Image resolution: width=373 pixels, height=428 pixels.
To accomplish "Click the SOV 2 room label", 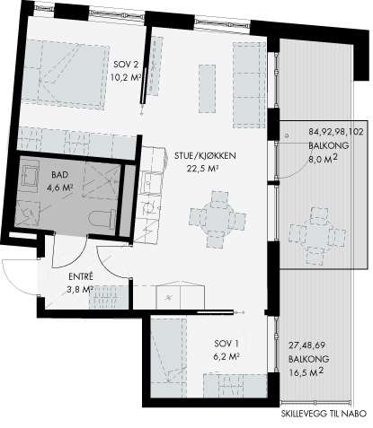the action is tap(126, 65).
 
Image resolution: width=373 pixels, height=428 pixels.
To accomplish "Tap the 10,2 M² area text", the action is tap(126, 78).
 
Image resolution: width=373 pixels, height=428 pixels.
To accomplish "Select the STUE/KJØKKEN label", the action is tap(205, 156).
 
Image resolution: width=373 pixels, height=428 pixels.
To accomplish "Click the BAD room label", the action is tap(60, 174).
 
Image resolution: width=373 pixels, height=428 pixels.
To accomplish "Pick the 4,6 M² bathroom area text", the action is tap(60, 188).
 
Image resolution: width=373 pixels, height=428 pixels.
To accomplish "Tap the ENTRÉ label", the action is tap(81, 276).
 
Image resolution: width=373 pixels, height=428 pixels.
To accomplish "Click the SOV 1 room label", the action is tap(226, 344).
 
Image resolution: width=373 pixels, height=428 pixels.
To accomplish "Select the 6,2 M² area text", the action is tap(226, 356).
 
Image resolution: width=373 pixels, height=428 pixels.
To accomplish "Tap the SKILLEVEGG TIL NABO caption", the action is tap(324, 414).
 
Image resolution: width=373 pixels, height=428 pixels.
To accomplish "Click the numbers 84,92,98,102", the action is tap(336, 132).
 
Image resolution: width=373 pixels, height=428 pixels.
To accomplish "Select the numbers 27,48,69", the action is tap(306, 345).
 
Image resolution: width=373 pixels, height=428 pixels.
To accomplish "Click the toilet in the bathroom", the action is tap(102, 219).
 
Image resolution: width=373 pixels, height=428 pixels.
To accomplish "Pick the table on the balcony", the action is tap(316, 236).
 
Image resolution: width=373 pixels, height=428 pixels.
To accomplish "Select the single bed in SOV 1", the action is tap(168, 357).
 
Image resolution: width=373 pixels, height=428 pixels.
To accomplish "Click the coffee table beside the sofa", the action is tap(208, 89).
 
